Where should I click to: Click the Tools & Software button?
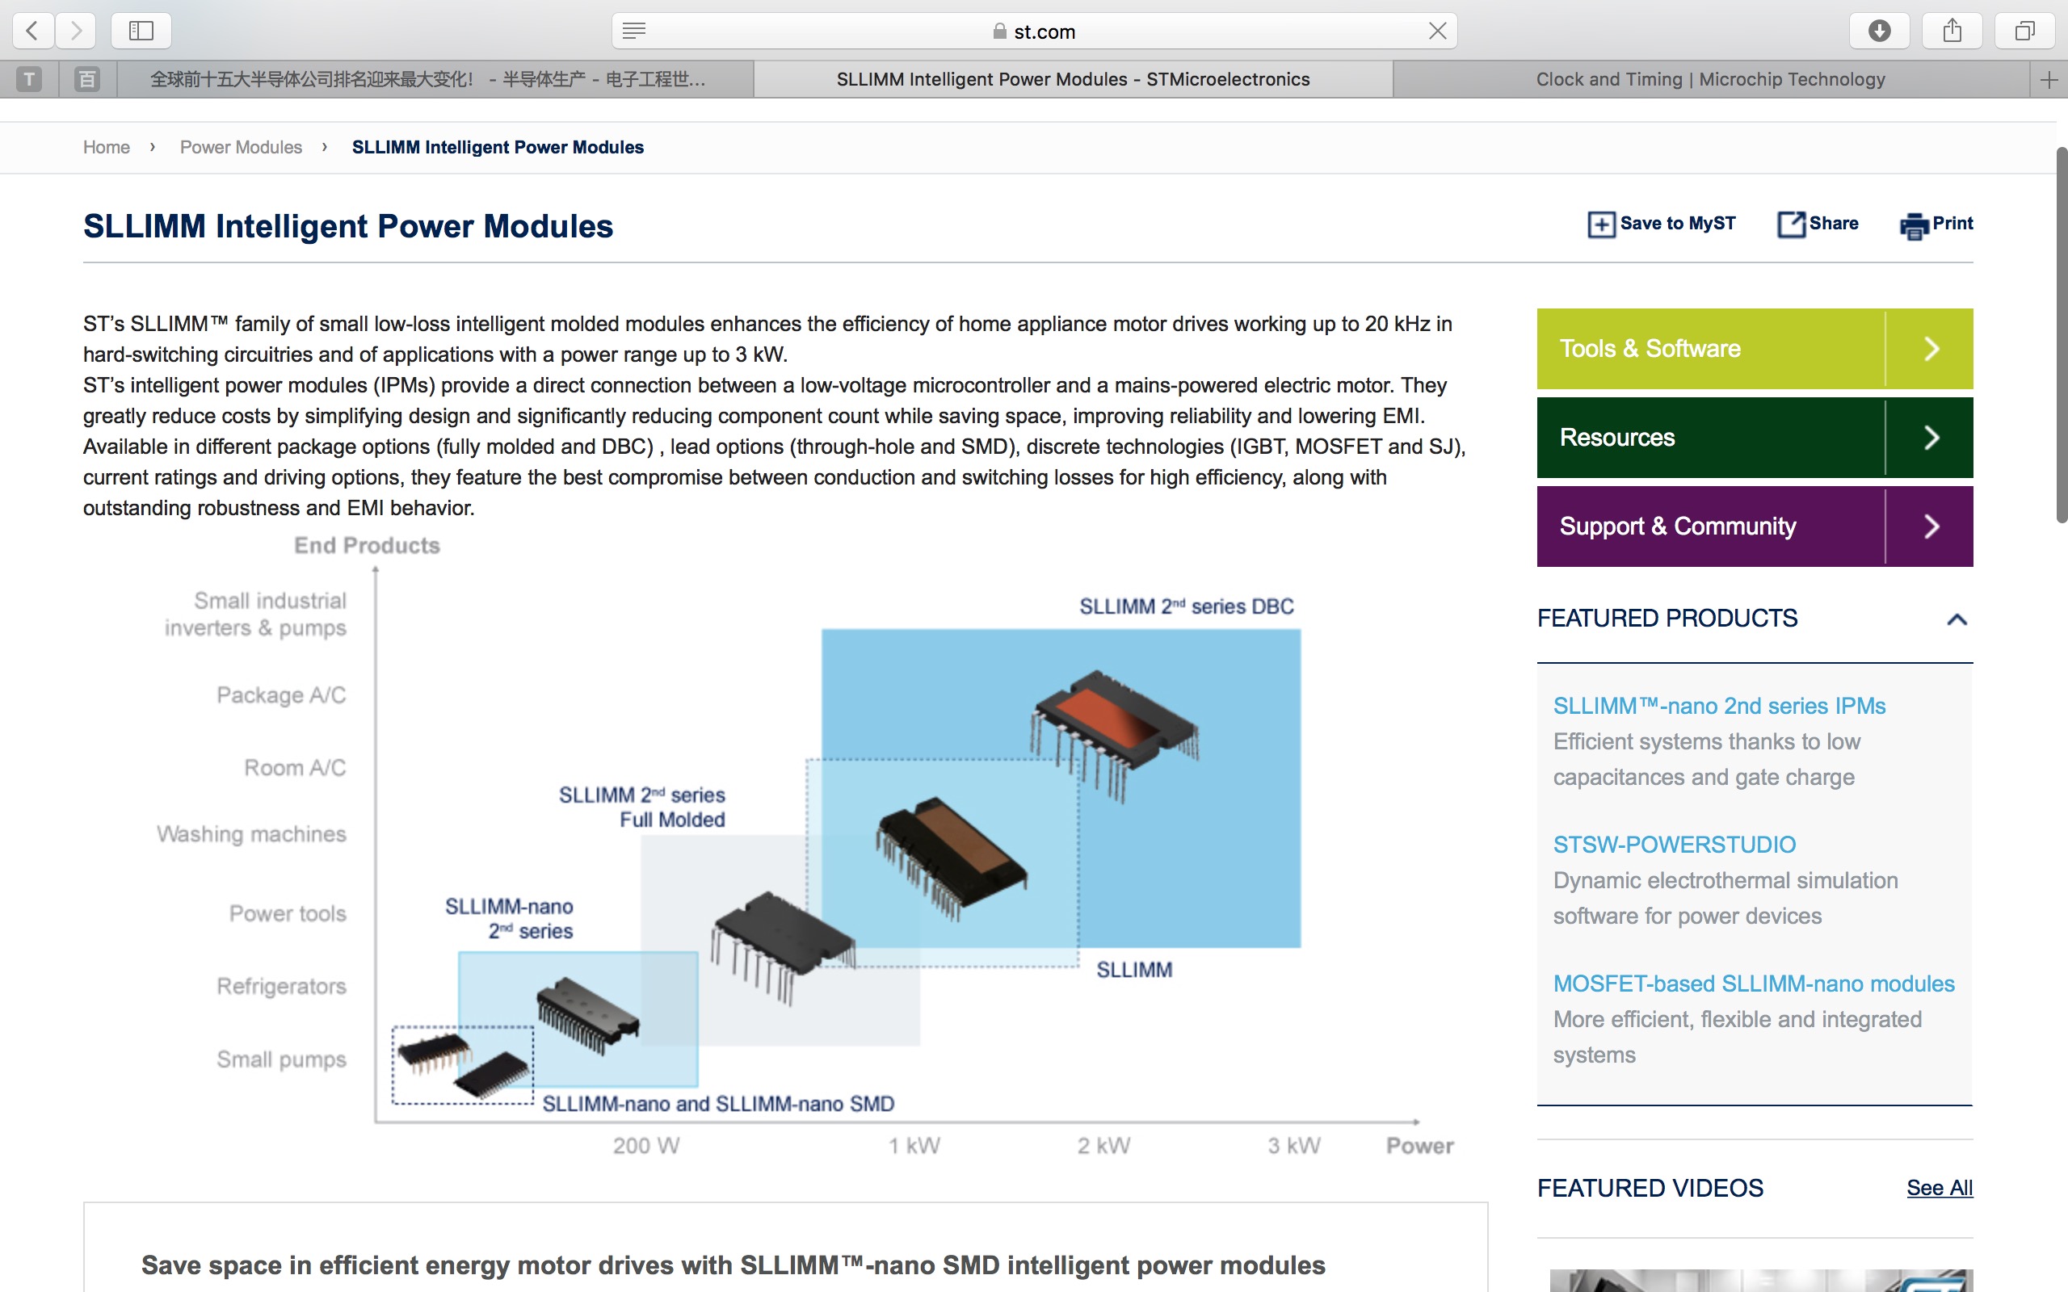coord(1754,349)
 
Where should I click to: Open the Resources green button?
coord(1754,438)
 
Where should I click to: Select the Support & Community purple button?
coord(1754,526)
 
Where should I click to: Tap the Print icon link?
coord(1936,224)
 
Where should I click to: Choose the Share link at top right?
coord(1818,224)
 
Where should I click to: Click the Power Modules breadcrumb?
coord(241,147)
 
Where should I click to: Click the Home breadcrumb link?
coord(106,147)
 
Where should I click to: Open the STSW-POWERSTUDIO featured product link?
coord(1674,845)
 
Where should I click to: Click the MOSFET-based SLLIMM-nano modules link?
coord(1754,984)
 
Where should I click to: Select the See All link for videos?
coord(1939,1188)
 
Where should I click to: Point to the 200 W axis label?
coord(646,1146)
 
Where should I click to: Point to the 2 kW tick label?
coord(1103,1146)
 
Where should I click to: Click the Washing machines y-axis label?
coord(251,834)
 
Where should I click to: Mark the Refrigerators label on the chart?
coord(281,986)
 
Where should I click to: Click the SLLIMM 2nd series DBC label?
coord(1186,606)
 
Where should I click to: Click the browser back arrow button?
coord(32,31)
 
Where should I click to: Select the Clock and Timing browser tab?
coord(1710,79)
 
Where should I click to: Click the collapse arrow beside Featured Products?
coord(1957,619)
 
